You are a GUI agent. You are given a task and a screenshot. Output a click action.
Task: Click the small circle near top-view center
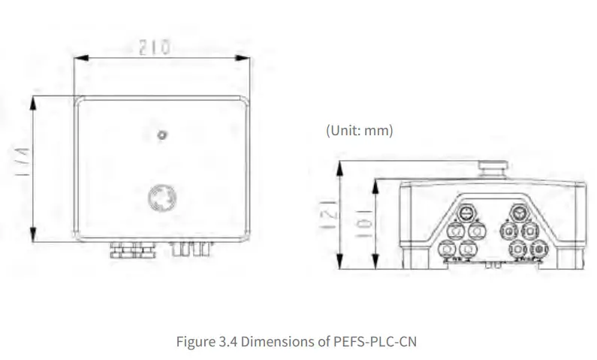pos(162,135)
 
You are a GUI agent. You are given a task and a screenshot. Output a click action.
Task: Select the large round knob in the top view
pos(163,199)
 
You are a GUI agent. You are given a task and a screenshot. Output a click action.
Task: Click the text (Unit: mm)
pos(359,130)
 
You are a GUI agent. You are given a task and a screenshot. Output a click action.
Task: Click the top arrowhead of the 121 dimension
pos(342,166)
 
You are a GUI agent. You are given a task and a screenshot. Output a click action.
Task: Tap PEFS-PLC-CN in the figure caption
pos(384,341)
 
